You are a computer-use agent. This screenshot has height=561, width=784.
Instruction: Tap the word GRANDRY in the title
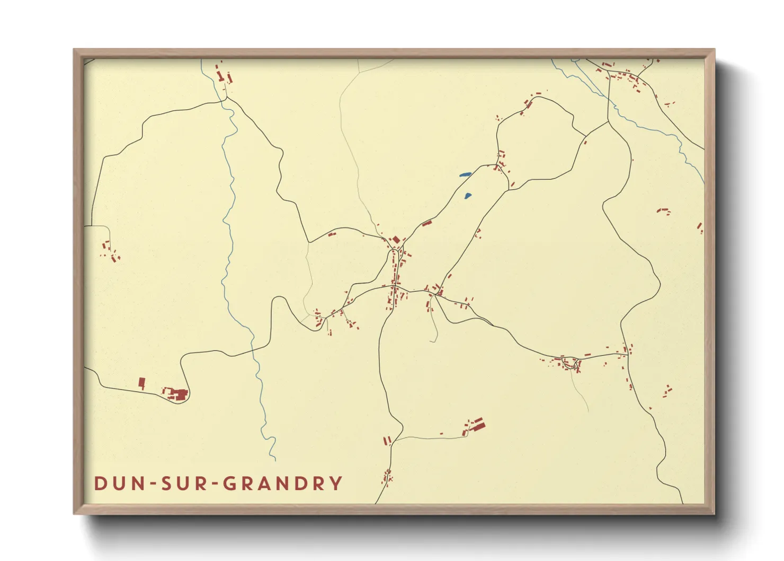[282, 484]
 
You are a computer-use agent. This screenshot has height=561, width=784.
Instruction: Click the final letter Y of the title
[335, 484]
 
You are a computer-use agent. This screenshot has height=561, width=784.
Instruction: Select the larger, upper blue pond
[466, 174]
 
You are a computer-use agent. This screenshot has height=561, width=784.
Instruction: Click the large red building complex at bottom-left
[179, 394]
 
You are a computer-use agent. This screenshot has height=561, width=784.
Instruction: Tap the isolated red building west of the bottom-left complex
[141, 383]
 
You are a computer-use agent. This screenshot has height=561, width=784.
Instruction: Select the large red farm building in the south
[478, 424]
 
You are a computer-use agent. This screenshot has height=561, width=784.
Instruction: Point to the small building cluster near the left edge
[110, 251]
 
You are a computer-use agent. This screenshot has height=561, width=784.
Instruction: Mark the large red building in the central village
[396, 240]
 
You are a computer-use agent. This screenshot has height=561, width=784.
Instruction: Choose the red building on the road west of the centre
[332, 234]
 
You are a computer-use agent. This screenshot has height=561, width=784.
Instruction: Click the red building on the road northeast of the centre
[427, 223]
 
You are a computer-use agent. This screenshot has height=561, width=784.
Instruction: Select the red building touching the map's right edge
[700, 228]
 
